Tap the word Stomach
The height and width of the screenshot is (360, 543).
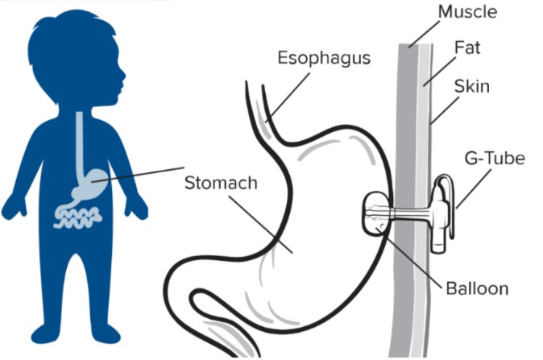(x=220, y=183)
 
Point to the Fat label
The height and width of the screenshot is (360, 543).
(x=467, y=48)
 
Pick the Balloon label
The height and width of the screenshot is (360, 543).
(x=475, y=288)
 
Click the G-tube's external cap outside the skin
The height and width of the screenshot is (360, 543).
(x=438, y=213)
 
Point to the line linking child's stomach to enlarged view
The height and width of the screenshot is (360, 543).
(x=145, y=174)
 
